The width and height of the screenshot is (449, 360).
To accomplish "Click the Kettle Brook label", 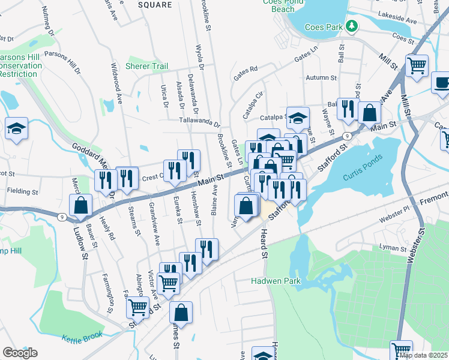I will [x=82, y=337].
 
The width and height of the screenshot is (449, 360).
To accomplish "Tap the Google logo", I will [x=20, y=353].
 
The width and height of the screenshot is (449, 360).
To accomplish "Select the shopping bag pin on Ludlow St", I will [x=80, y=205].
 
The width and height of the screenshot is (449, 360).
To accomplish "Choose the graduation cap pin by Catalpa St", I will [x=297, y=118].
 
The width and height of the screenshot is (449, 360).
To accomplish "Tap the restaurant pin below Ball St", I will [x=348, y=109].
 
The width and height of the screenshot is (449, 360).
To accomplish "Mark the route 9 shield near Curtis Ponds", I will [x=348, y=136].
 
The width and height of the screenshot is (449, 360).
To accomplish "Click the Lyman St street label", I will [x=394, y=247].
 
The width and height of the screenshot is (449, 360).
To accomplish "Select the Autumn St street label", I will [x=321, y=78].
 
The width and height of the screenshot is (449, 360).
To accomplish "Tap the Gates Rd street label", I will [x=246, y=72].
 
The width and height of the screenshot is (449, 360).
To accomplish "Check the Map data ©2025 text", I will [x=424, y=355].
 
